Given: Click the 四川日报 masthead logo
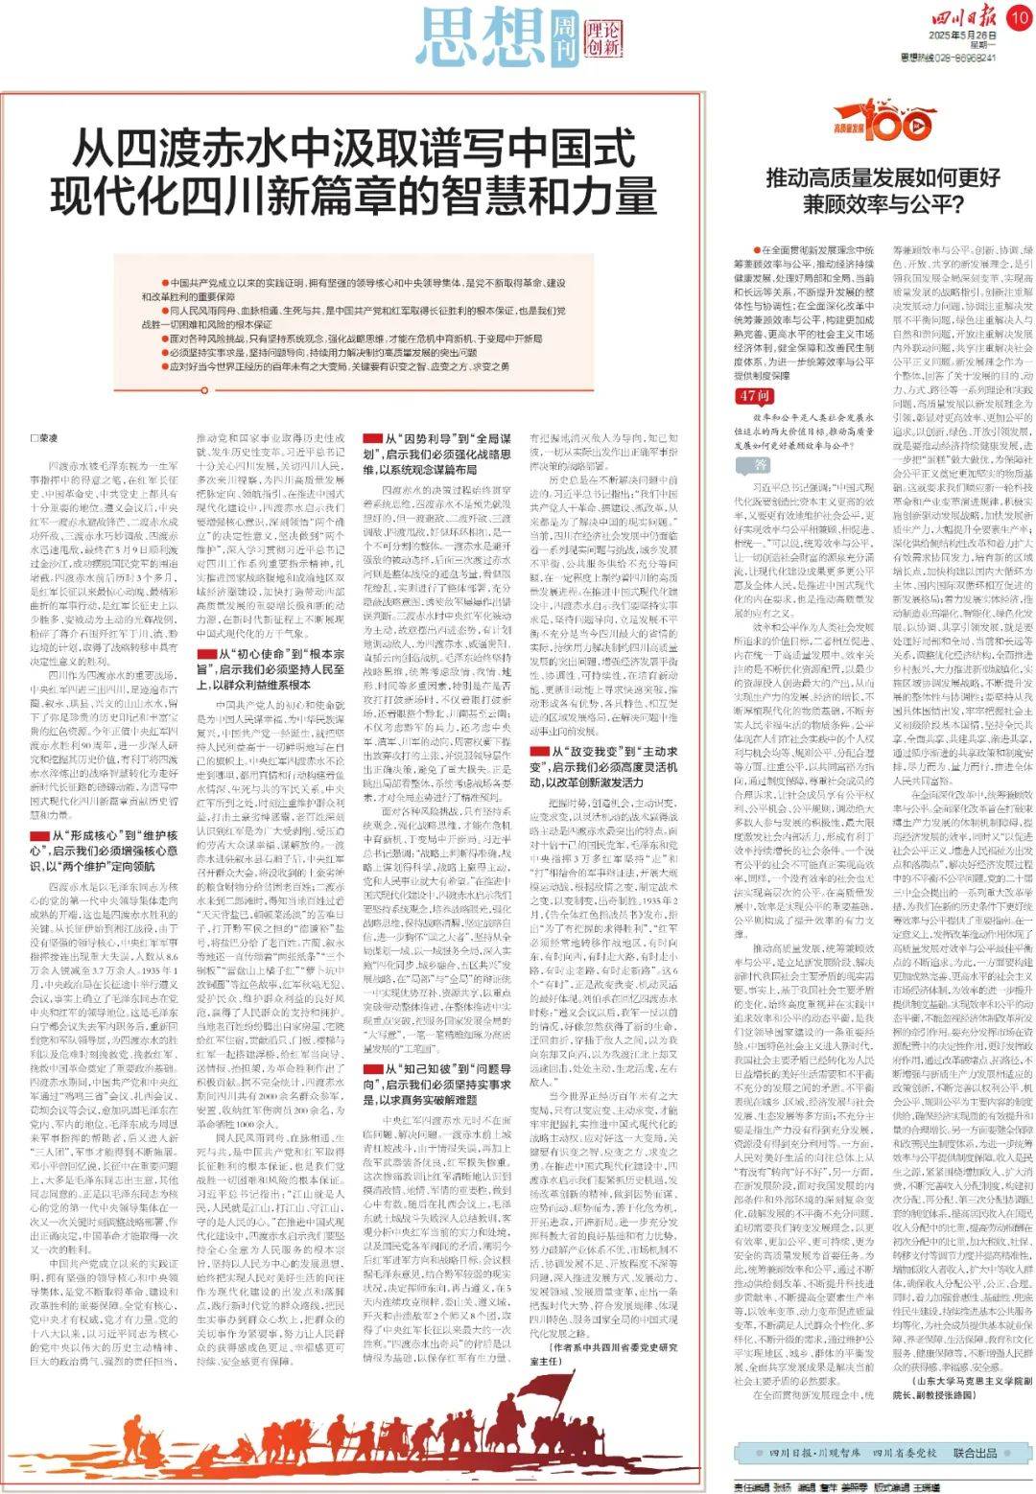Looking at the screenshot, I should [x=951, y=18].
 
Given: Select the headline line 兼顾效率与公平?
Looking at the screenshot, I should [x=883, y=203].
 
